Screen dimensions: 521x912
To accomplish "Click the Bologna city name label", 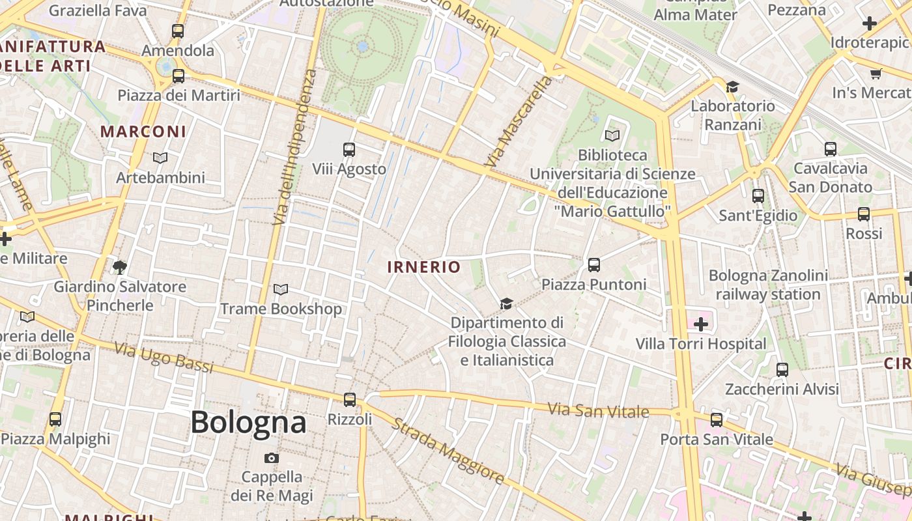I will click(x=248, y=422).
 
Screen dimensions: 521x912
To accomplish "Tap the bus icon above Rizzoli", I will click(x=350, y=399).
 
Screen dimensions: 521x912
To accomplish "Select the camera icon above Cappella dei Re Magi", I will click(x=272, y=458).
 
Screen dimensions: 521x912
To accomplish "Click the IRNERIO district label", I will click(x=423, y=266).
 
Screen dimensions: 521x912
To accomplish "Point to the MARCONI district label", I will click(x=143, y=131).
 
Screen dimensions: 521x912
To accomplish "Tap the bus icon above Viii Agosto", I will click(x=349, y=150).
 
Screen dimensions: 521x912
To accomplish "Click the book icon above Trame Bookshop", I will click(x=281, y=289).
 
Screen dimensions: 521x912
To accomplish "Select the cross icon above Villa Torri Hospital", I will click(x=701, y=324).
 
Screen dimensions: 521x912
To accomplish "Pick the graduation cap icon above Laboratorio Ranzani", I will click(x=733, y=87).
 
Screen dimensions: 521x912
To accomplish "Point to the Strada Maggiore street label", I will click(x=448, y=451).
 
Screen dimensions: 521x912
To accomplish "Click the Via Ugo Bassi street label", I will click(x=164, y=358).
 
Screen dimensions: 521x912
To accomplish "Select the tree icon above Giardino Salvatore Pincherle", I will click(x=120, y=267).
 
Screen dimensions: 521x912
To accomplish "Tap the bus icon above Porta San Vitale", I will click(x=717, y=420).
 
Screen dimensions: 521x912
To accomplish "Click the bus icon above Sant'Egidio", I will click(x=758, y=195).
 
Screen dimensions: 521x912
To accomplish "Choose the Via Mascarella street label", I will click(x=519, y=121).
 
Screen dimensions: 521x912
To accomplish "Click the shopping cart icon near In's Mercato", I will click(x=876, y=74).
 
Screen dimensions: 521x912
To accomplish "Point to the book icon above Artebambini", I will click(x=160, y=158).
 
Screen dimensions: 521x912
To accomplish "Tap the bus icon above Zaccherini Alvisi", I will click(x=782, y=370).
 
